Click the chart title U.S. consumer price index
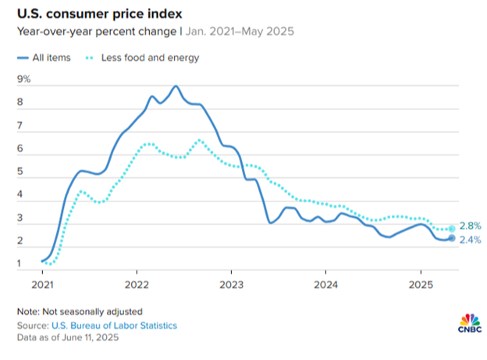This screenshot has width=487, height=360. (96, 13)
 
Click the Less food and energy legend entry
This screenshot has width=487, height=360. (144, 57)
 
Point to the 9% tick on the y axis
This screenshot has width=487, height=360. (24, 79)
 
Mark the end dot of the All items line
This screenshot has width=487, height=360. (452, 238)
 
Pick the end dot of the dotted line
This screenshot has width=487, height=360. (452, 229)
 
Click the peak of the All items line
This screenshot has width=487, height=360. (176, 86)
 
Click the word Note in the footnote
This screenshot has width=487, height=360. (28, 311)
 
